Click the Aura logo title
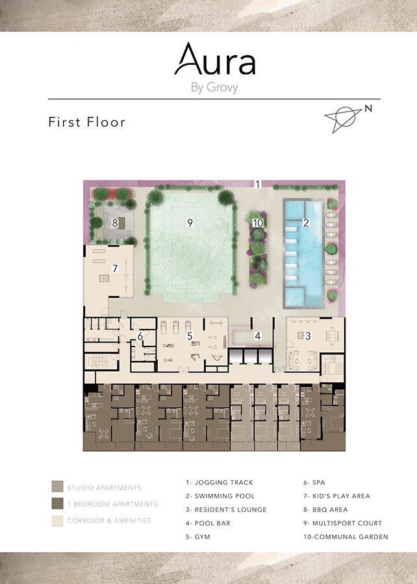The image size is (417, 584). click(x=215, y=59)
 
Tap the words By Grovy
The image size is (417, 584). click(x=214, y=88)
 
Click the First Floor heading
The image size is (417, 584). click(x=87, y=122)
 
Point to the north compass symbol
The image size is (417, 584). click(x=348, y=117)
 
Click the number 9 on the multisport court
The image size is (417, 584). click(x=190, y=223)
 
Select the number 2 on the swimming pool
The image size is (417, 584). click(x=306, y=223)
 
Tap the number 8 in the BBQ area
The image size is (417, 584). click(x=115, y=223)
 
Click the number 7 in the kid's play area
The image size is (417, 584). click(x=115, y=268)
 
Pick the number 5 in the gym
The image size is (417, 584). click(x=190, y=336)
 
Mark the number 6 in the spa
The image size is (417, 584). click(x=140, y=336)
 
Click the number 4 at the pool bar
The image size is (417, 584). click(x=257, y=336)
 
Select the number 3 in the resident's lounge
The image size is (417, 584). click(x=308, y=336)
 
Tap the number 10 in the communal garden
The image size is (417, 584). click(x=258, y=223)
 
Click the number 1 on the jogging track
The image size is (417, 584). click(x=257, y=184)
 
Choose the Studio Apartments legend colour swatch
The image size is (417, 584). click(x=57, y=487)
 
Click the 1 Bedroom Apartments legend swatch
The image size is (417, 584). click(x=57, y=503)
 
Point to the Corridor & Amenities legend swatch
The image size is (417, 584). click(x=57, y=520)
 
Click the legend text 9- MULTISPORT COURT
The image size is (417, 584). click(x=342, y=523)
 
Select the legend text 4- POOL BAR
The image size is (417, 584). click(x=208, y=523)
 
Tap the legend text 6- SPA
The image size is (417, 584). click(x=314, y=482)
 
